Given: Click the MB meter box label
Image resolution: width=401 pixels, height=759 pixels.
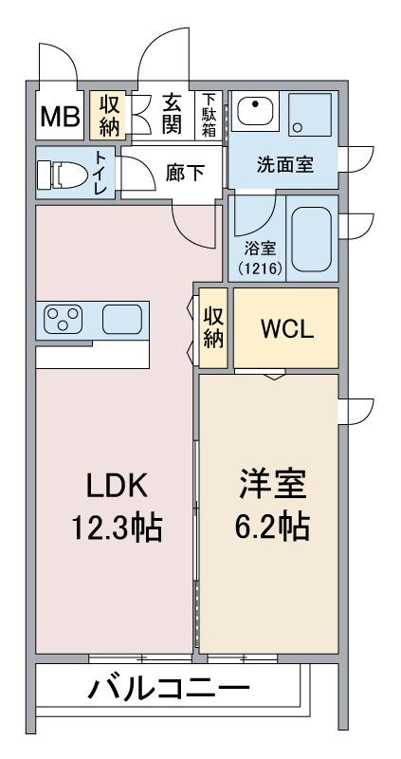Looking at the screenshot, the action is pyautogui.click(x=60, y=117).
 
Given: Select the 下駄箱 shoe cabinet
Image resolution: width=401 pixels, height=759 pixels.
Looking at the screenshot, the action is pyautogui.click(x=209, y=115).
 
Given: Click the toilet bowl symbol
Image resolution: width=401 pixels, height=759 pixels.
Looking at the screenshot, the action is pyautogui.click(x=63, y=174).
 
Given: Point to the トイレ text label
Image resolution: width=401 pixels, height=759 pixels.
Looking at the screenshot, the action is pyautogui.click(x=100, y=174).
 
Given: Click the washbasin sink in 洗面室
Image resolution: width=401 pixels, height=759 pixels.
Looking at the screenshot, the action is pyautogui.click(x=255, y=111).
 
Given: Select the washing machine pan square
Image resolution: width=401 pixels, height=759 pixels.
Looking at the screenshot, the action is pyautogui.click(x=310, y=114).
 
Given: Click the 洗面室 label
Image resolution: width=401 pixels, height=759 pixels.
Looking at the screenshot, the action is pyautogui.click(x=285, y=165).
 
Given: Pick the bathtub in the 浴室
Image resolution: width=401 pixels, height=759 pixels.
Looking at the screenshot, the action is pyautogui.click(x=312, y=239).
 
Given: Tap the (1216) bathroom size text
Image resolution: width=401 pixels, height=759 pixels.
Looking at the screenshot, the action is pyautogui.click(x=260, y=268).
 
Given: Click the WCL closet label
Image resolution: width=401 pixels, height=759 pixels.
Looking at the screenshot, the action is pyautogui.click(x=287, y=329).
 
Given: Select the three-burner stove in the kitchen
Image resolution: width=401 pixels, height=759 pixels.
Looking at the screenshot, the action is pyautogui.click(x=63, y=319).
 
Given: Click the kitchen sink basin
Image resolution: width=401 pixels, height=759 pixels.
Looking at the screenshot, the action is pyautogui.click(x=122, y=319).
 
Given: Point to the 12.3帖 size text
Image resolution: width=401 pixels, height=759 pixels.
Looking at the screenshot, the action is pyautogui.click(x=117, y=528).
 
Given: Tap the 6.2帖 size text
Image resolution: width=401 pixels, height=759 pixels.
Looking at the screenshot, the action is pyautogui.click(x=272, y=528).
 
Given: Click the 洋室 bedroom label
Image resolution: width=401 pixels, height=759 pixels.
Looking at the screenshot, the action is pyautogui.click(x=273, y=485).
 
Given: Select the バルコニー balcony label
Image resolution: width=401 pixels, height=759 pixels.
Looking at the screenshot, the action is pyautogui.click(x=169, y=688).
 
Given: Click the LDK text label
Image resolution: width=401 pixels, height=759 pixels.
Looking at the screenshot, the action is pyautogui.click(x=117, y=486).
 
